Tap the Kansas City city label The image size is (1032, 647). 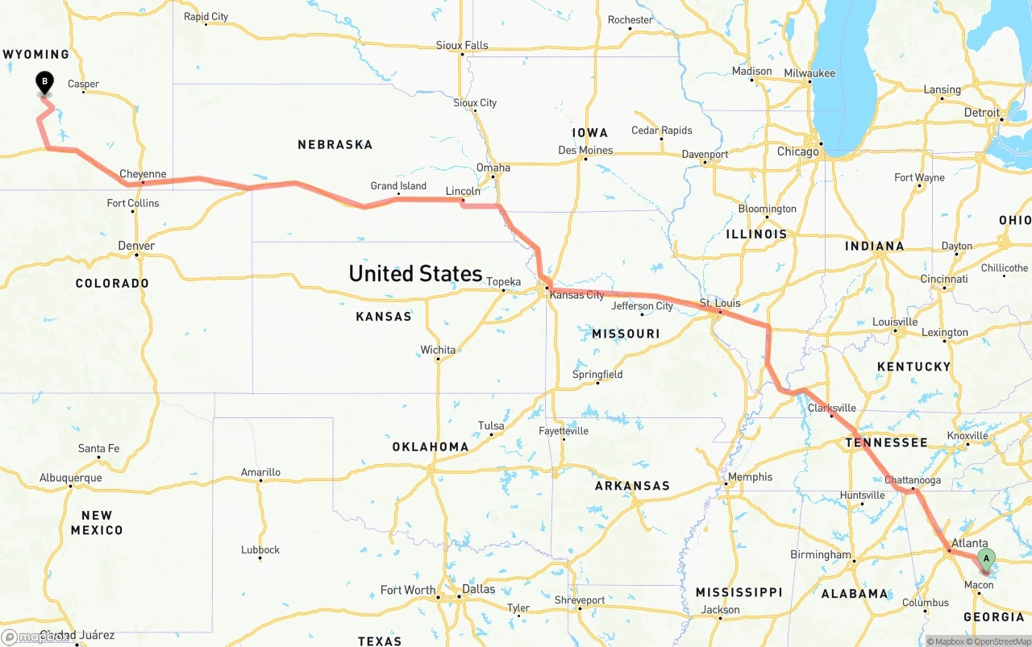(576, 295)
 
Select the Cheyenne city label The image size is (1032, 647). (143, 174)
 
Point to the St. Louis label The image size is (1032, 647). (719, 303)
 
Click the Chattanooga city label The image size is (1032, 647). (913, 480)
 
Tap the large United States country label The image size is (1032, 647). (415, 273)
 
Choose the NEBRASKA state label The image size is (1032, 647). (335, 145)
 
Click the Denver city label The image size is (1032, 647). (136, 246)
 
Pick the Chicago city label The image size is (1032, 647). (797, 151)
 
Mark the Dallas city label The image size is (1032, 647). (479, 589)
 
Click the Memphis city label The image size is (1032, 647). (750, 477)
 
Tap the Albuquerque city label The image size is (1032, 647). (71, 478)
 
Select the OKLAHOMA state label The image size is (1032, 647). (431, 446)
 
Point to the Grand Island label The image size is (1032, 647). (398, 186)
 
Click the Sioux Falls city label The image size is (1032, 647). (462, 45)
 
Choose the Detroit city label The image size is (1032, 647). (981, 113)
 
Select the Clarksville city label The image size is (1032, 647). (831, 408)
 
